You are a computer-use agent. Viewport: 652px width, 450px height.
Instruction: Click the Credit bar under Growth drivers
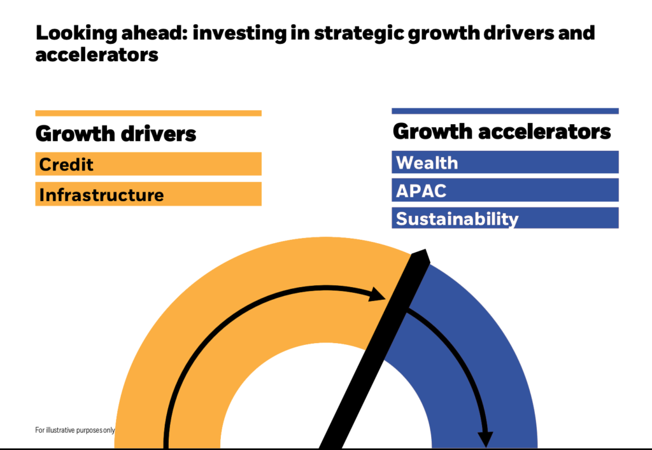[x=148, y=164]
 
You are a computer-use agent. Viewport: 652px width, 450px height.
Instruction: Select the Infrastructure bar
[x=148, y=194]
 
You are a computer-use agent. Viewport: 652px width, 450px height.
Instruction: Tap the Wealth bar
[x=505, y=162]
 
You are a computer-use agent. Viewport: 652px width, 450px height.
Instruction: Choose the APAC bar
[x=505, y=190]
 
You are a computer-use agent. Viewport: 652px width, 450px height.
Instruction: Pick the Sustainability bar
[x=505, y=218]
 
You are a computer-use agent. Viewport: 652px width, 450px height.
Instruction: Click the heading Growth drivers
[x=116, y=134]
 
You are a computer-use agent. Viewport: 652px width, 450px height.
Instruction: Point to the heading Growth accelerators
[x=502, y=132]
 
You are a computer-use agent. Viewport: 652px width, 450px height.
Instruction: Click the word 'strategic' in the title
[x=359, y=34]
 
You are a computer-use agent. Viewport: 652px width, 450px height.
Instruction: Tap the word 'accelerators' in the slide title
[x=97, y=55]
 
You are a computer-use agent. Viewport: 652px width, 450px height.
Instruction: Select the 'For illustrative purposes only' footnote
[x=75, y=430]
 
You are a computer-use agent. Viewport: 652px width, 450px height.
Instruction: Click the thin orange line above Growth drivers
[x=148, y=113]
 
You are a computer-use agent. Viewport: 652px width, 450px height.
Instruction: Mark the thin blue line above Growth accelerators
[x=505, y=111]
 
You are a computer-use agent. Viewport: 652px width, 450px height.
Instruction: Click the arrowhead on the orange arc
[x=378, y=294]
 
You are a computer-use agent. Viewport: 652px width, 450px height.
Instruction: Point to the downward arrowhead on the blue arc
[x=485, y=439]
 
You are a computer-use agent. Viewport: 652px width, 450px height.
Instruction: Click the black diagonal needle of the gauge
[x=374, y=349]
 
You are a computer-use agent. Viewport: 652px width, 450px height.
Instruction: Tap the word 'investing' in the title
[x=240, y=34]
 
